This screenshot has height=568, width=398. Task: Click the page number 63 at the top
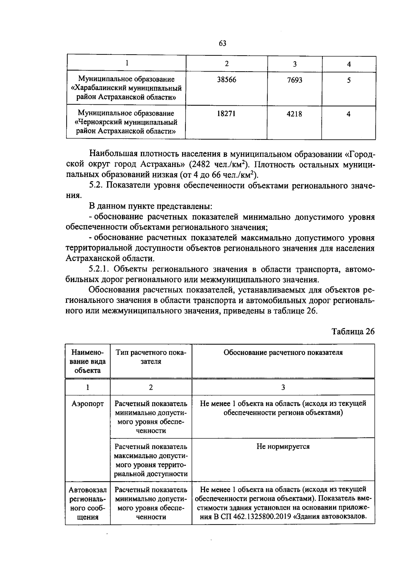222,43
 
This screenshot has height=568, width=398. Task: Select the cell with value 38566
227,80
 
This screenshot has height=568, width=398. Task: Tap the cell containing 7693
295,80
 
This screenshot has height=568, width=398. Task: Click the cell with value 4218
295,114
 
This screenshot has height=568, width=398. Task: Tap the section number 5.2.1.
101,269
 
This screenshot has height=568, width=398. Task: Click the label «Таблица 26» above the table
353,332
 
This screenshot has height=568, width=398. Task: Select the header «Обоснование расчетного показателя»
283,352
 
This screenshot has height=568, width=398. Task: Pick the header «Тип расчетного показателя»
151,357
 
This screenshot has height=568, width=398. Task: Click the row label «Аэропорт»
88,404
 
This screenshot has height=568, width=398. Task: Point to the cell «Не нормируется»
283,447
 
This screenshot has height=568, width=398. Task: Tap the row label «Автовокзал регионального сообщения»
88,503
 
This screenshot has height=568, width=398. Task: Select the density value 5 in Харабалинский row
349,80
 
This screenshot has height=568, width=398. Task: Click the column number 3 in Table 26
283,387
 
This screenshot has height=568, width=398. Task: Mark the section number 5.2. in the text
96,185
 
